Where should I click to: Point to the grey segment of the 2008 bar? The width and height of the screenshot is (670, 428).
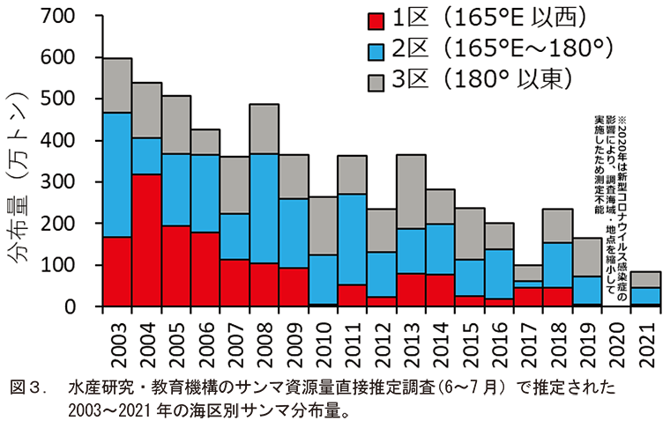264,129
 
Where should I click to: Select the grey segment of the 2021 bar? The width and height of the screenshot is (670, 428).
646,279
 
